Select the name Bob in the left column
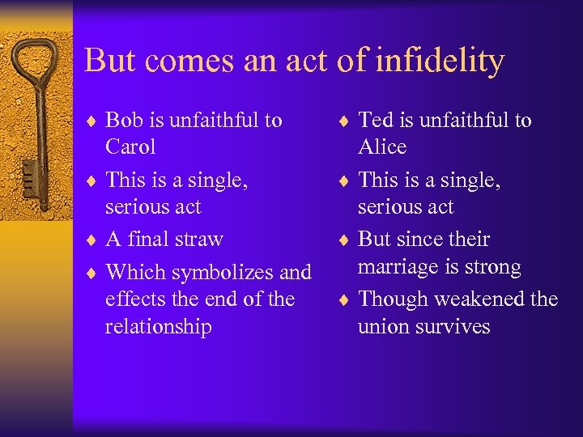(124, 121)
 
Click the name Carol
(130, 147)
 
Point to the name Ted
(376, 121)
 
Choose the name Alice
(382, 147)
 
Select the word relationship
(158, 327)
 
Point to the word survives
(453, 327)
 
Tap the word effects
(135, 299)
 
